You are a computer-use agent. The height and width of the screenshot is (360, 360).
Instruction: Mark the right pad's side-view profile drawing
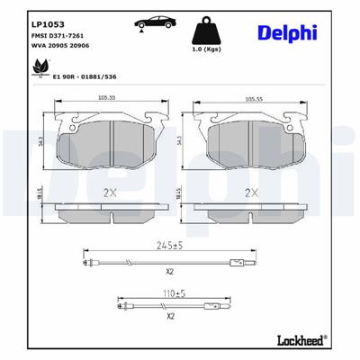[254, 213]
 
